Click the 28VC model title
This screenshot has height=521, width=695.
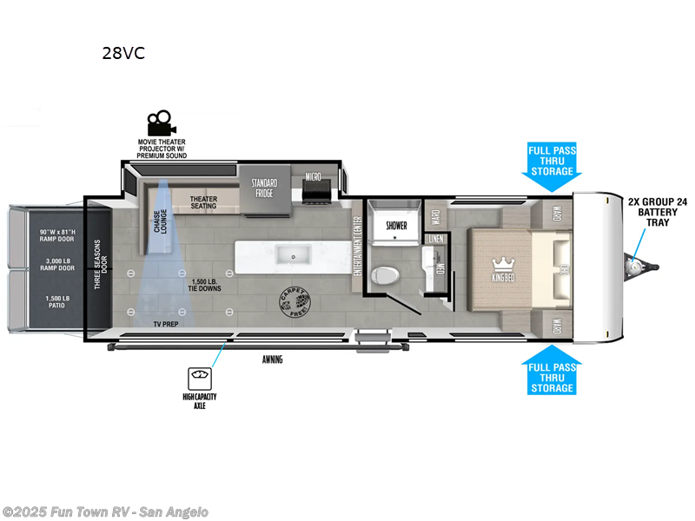tap(123, 53)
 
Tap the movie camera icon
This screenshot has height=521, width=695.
tap(159, 122)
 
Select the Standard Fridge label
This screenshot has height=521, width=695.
tap(264, 188)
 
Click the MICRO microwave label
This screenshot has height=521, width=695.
tap(314, 177)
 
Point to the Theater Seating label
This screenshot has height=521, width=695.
tap(203, 202)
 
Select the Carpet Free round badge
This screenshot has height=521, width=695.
tap(291, 300)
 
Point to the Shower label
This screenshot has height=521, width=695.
tap(396, 225)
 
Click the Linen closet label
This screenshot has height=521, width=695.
tap(436, 237)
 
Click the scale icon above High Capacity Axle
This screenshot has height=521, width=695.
tap(200, 378)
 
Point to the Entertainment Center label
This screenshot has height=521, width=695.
tap(356, 246)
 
